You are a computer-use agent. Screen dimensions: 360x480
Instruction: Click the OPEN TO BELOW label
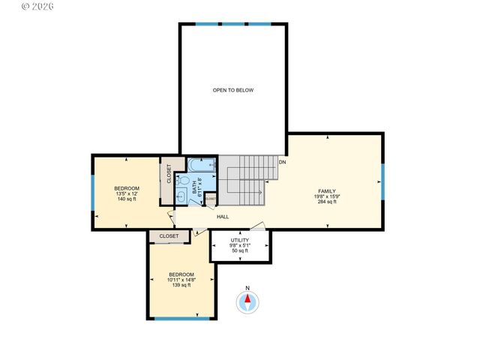(x=233, y=90)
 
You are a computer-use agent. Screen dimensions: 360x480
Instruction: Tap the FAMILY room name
(x=325, y=190)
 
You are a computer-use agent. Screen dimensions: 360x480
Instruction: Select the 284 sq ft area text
(x=325, y=202)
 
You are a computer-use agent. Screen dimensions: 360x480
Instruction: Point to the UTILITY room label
(x=240, y=240)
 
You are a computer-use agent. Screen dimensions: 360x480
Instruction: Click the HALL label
(x=223, y=217)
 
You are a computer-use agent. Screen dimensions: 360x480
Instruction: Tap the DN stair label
(x=283, y=161)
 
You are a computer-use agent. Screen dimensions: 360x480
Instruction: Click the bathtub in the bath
(x=201, y=165)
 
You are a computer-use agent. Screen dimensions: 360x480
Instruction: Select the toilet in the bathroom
(x=183, y=180)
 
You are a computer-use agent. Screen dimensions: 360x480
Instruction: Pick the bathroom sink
(x=183, y=197)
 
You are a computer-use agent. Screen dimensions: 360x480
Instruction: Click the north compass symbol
(x=247, y=302)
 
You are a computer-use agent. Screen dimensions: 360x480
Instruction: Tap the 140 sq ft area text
(x=125, y=200)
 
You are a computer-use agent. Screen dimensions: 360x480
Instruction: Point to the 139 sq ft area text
(x=181, y=285)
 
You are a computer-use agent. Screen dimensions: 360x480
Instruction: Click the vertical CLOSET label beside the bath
(x=169, y=175)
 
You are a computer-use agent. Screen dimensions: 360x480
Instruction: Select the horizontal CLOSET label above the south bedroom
(x=169, y=235)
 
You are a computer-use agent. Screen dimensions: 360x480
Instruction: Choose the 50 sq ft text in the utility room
(x=240, y=251)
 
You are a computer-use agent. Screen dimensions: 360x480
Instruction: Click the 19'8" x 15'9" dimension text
(x=325, y=196)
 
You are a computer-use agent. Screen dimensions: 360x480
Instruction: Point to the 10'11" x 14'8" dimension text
(x=181, y=280)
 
